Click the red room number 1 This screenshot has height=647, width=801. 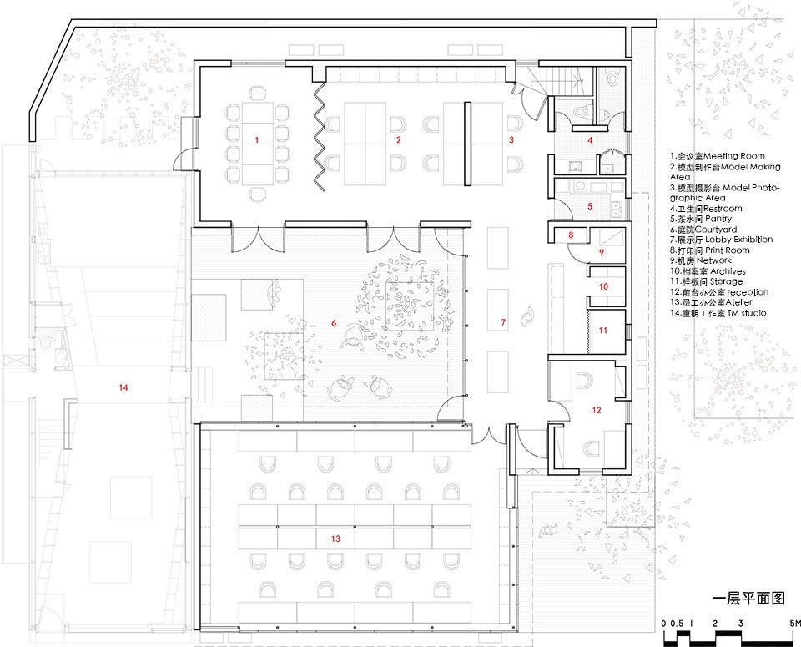(x=257, y=139)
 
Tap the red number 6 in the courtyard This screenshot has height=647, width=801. (x=334, y=323)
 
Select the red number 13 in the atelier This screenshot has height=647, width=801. (x=335, y=538)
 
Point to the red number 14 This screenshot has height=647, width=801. (x=123, y=387)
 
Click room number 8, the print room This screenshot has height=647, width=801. (x=571, y=235)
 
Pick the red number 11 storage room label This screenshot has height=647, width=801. (x=602, y=331)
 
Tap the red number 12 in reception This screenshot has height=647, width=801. (x=597, y=410)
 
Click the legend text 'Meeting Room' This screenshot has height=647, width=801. (x=734, y=156)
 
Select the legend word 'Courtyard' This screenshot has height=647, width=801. (x=716, y=230)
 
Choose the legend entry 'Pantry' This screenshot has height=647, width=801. (x=718, y=219)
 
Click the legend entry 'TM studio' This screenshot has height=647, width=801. (x=747, y=313)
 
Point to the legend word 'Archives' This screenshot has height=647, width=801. (x=728, y=271)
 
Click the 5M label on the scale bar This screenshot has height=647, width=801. (x=794, y=624)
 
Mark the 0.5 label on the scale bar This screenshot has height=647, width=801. (x=678, y=624)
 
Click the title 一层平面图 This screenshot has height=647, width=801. (x=748, y=599)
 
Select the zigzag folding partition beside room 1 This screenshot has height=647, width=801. (x=320, y=137)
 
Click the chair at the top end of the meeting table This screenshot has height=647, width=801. (x=259, y=93)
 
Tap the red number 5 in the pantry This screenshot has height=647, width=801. (x=590, y=206)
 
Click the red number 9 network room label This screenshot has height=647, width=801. (x=602, y=252)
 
